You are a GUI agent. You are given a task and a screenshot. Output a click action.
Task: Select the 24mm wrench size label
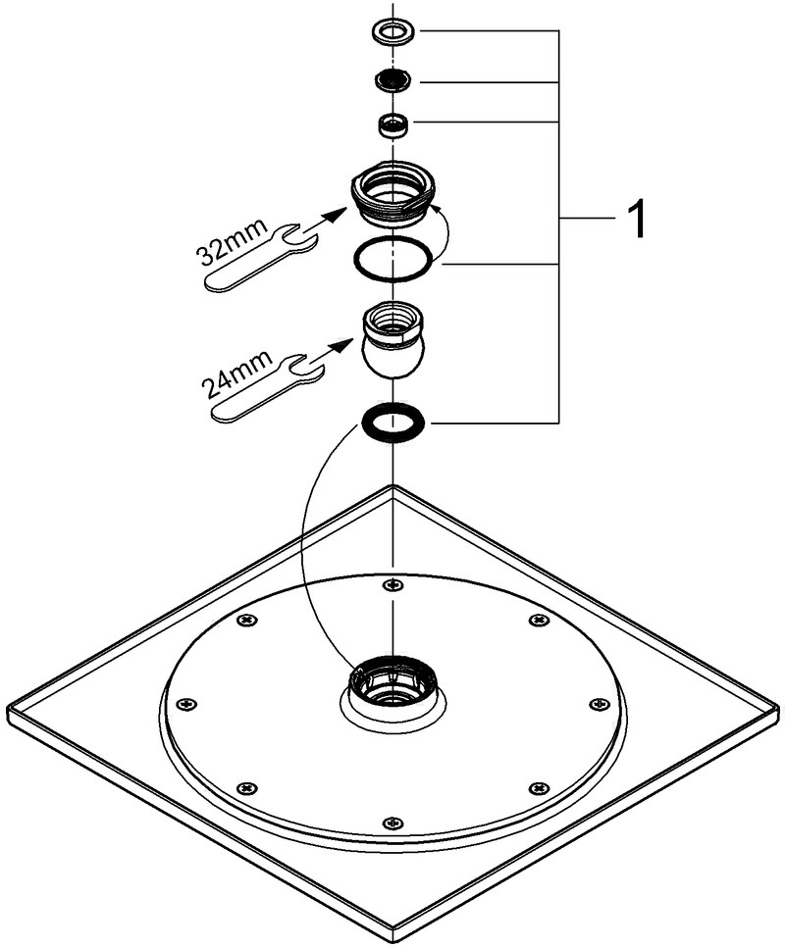point(238,374)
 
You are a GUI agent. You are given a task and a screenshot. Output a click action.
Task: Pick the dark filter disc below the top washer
point(392,79)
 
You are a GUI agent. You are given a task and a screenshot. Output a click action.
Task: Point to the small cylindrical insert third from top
point(393,125)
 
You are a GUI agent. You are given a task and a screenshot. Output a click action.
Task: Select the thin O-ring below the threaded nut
point(393,260)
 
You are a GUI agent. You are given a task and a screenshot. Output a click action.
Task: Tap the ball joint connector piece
point(393,341)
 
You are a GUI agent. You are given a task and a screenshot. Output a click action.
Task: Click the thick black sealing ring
point(392,423)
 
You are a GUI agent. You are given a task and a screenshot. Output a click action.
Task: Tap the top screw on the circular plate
point(393,584)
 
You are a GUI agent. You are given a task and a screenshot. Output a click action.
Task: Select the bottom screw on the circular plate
point(393,823)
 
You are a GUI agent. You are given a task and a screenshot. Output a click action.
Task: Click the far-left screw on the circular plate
point(187,703)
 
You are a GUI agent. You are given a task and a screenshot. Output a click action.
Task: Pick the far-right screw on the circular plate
point(600,703)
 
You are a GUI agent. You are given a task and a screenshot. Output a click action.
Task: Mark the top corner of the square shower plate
point(393,485)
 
